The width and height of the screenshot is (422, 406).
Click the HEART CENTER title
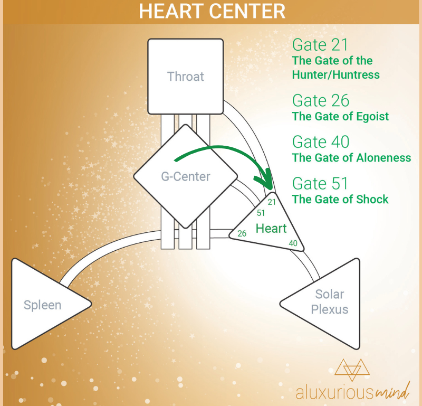coord(212,11)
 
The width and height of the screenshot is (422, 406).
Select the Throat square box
coord(186,77)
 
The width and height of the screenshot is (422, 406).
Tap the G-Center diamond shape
coord(186,176)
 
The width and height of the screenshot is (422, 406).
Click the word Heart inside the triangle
coord(271,229)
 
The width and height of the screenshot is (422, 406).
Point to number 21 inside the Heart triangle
coord(272,202)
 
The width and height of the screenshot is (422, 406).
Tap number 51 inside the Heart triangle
coord(261,213)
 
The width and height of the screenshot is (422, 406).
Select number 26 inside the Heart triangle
coord(242,233)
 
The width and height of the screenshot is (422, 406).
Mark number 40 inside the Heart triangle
coord(293,243)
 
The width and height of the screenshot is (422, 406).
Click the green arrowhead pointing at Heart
coord(265,180)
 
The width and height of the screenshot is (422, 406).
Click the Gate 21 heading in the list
coord(320,45)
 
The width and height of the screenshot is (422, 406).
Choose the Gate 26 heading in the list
coord(321,100)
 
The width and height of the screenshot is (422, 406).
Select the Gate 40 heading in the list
coord(321,141)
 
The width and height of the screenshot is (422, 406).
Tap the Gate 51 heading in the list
coord(320,183)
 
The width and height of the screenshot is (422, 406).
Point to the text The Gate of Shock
coord(340,200)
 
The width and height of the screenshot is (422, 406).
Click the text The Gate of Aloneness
coord(351,158)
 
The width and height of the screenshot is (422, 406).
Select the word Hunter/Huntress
coord(336,74)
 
